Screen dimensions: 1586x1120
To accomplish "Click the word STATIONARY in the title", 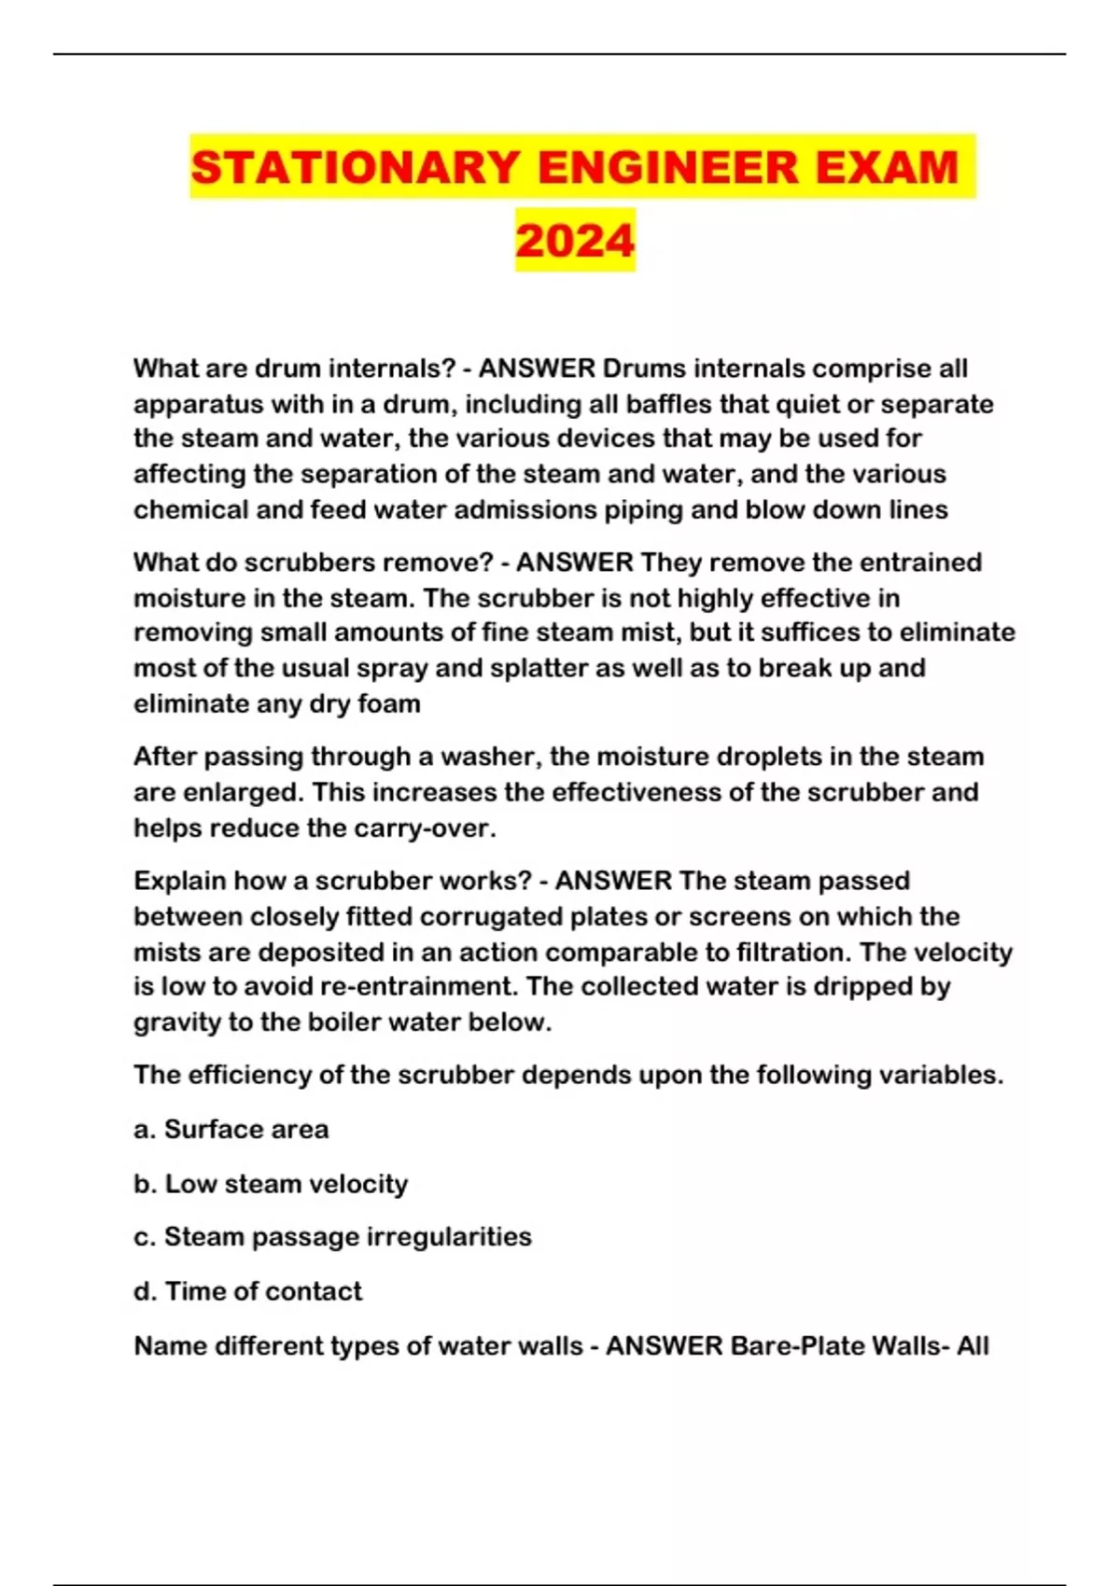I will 355,168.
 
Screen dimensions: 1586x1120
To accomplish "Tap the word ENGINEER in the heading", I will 668,168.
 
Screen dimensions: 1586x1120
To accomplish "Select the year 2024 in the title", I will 575,241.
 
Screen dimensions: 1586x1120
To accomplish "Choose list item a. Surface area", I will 231,1130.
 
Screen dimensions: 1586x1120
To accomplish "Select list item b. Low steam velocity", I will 271,1184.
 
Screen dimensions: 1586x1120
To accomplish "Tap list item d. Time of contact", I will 248,1291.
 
